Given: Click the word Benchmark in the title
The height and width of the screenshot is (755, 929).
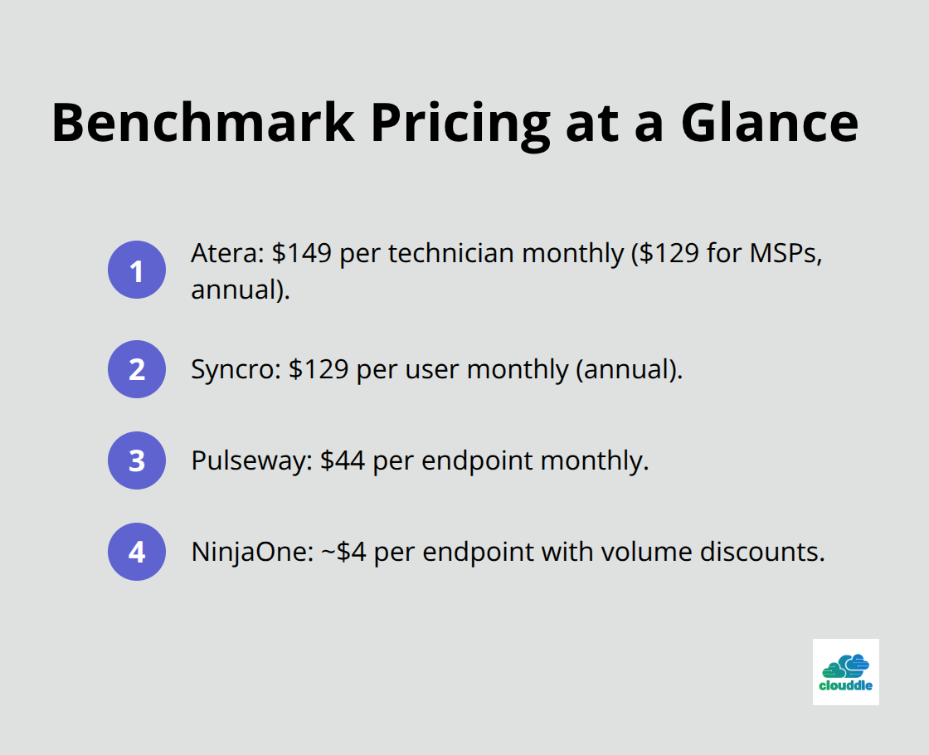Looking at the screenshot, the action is click(203, 123).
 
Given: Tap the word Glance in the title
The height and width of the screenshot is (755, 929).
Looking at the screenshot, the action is click(770, 123).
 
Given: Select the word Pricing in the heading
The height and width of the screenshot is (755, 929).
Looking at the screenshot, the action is click(461, 126).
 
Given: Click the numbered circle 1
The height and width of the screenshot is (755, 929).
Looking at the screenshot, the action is click(137, 270).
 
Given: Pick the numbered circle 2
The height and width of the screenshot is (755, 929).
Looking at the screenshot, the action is click(137, 369).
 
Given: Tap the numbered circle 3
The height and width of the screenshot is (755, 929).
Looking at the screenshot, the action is click(137, 460).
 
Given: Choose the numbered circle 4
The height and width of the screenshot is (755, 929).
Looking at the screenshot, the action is click(137, 552).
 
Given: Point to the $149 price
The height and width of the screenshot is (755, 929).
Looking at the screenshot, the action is click(302, 254).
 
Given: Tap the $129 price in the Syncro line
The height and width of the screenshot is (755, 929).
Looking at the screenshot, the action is click(319, 369).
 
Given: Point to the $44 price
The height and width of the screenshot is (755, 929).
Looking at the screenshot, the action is click(343, 460).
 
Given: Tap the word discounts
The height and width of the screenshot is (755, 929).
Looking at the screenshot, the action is click(762, 552).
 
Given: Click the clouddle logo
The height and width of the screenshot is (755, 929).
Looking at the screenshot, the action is click(845, 672).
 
